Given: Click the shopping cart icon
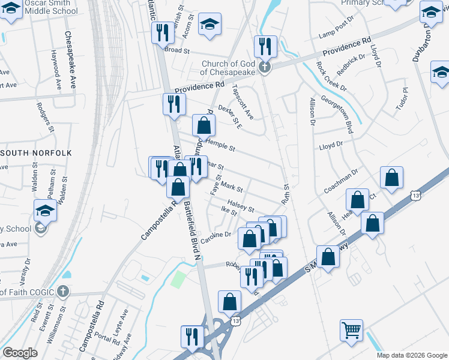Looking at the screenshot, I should pos(351,329).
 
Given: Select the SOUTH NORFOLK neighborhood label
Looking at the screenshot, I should pos(36,153).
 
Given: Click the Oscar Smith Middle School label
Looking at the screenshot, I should pos(40,7).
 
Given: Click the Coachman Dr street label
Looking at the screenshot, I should pos(340,179).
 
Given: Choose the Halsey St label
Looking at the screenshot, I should pos(242,205).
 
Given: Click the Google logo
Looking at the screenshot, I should pos(20,353).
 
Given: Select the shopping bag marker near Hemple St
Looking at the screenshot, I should pos(203,126).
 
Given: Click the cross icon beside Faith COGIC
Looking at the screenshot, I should pos(63,292).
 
